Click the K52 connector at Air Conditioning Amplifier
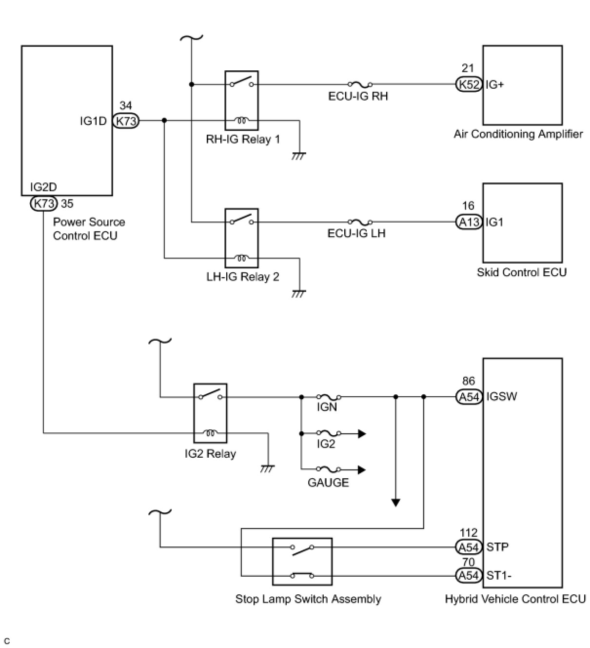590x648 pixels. (469, 84)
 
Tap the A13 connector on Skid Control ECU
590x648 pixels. (469, 222)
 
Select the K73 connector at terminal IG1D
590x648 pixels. (126, 121)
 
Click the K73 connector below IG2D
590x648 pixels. (43, 204)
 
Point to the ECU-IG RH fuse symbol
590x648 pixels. (360, 85)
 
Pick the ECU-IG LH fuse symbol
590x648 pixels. (360, 222)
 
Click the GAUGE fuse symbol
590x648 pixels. (329, 469)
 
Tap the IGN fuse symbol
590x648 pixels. (329, 397)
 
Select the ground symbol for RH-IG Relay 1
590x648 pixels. (299, 156)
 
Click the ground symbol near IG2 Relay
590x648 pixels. (268, 469)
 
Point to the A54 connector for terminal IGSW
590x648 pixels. (469, 397)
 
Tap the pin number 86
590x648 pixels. (469, 381)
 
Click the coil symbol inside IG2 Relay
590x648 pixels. (210, 433)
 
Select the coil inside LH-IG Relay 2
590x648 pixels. (241, 258)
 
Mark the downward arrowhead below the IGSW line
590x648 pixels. (396, 503)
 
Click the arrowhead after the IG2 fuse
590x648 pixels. (362, 433)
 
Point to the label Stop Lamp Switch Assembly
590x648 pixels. (308, 599)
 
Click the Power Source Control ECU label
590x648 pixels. (89, 229)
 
